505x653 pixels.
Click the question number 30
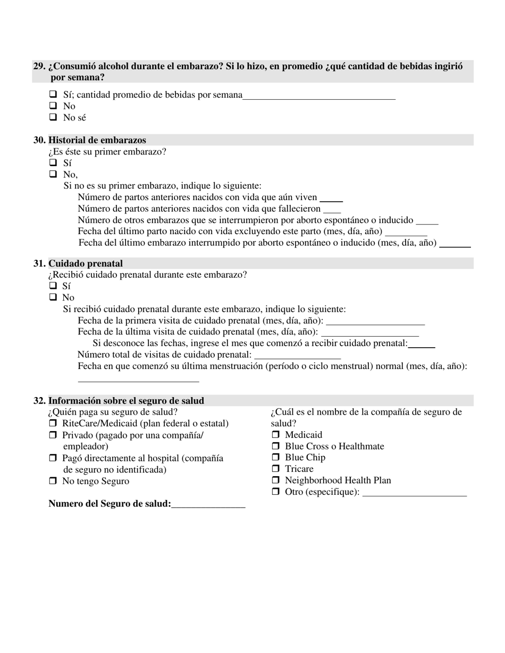(39, 140)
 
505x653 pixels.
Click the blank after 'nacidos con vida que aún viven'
(331, 199)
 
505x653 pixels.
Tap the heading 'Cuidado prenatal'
(85, 263)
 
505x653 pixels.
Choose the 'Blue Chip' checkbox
(275, 457)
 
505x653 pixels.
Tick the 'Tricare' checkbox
(275, 469)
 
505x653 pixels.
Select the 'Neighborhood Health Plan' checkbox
(275, 480)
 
